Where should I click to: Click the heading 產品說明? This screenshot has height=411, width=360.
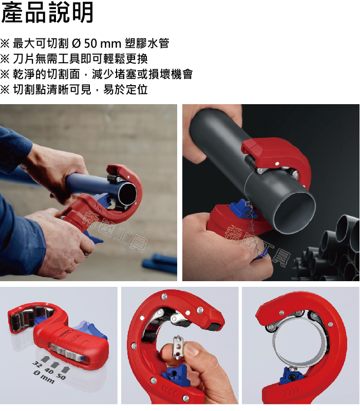tap(47, 12)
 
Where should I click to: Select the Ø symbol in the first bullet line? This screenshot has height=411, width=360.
tap(76, 43)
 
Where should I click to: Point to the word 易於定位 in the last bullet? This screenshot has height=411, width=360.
tap(125, 90)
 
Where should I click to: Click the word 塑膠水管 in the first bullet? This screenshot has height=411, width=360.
tap(147, 43)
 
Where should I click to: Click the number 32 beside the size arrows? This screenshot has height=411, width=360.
tap(37, 365)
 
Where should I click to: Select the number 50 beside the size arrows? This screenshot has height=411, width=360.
tap(61, 377)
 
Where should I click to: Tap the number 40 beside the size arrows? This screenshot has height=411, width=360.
tap(49, 371)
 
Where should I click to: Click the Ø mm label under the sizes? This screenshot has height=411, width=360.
tap(44, 378)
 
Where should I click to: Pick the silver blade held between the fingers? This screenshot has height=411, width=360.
tap(178, 347)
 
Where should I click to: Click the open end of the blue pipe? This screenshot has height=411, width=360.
tap(127, 194)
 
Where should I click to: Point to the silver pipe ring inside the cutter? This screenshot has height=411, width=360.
tap(299, 341)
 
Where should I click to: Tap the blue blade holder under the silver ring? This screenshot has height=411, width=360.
tap(291, 376)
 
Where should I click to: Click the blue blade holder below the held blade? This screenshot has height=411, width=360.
tap(174, 376)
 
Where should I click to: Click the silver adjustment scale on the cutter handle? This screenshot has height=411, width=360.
tap(67, 352)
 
